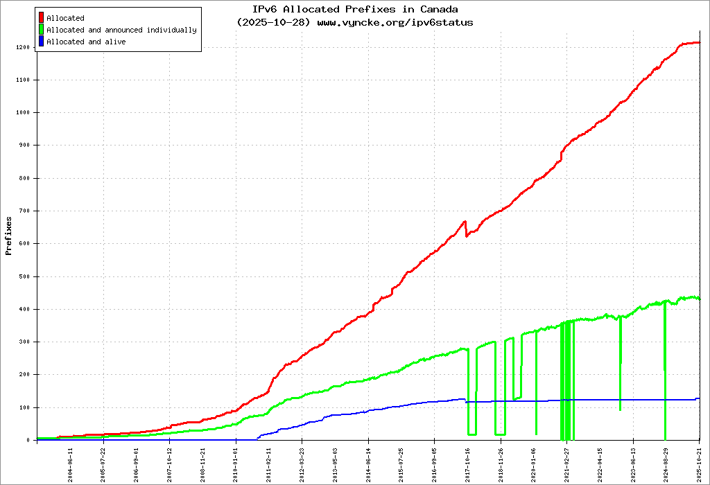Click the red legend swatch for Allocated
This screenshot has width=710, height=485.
(x=42, y=18)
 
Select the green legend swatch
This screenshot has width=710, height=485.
(x=42, y=30)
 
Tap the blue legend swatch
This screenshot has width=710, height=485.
(x=42, y=42)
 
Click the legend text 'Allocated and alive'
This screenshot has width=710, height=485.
(x=86, y=42)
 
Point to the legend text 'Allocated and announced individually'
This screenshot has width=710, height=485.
(x=121, y=30)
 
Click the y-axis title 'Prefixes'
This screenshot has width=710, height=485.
(x=8, y=236)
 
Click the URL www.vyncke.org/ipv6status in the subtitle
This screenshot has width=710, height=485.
(x=395, y=22)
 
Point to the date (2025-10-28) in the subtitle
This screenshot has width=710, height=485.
(x=274, y=22)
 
